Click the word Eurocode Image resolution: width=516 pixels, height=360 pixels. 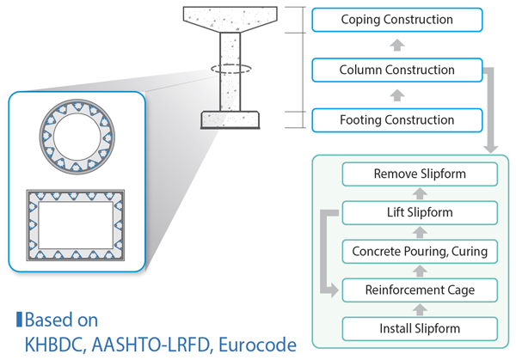(x=257, y=345)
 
